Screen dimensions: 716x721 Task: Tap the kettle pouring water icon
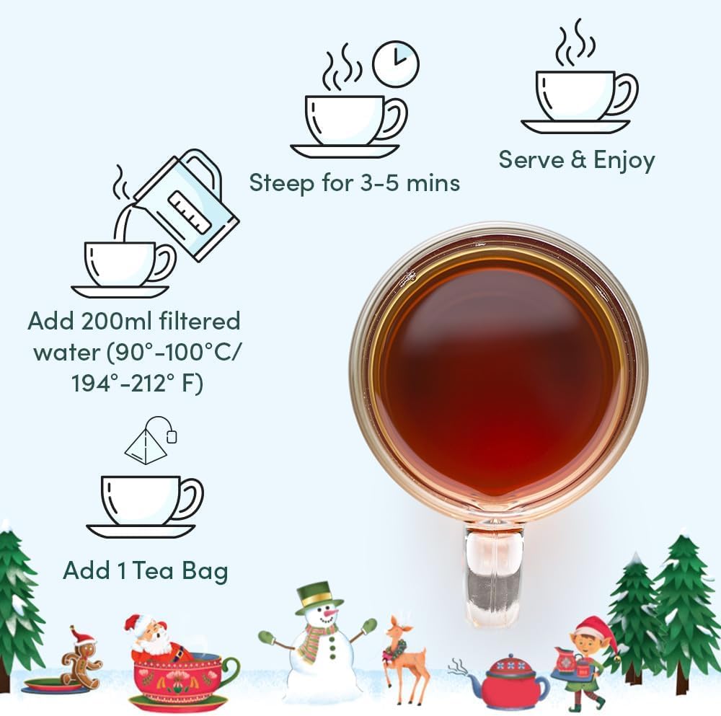point(189,203)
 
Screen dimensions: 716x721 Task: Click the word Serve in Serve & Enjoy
point(531,160)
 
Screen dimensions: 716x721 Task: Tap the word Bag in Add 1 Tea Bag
point(203,571)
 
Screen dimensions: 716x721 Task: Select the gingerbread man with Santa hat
point(81,658)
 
